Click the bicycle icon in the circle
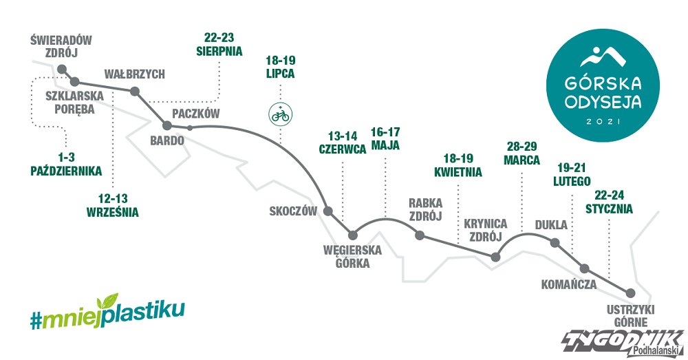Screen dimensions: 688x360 [x=281, y=116]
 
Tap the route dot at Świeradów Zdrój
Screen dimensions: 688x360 [x=62, y=69]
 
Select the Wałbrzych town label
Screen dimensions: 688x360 [x=134, y=74]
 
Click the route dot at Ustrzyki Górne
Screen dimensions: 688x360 [x=630, y=293]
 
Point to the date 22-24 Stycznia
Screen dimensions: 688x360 [x=609, y=202]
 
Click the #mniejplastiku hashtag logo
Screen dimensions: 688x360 [x=107, y=312]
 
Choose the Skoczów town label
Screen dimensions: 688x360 [x=293, y=211]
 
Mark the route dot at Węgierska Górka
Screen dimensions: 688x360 [x=353, y=235]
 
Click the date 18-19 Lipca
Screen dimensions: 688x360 [x=281, y=67]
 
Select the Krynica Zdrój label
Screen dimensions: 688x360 [x=486, y=231]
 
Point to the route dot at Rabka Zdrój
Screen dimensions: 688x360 [x=420, y=236]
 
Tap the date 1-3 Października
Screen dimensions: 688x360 [x=66, y=165]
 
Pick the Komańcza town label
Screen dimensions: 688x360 [x=569, y=284]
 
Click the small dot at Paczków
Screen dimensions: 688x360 [x=190, y=128]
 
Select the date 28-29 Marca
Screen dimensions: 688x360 [x=522, y=153]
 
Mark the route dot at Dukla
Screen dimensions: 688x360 [x=555, y=242]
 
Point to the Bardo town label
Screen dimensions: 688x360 [x=166, y=141]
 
